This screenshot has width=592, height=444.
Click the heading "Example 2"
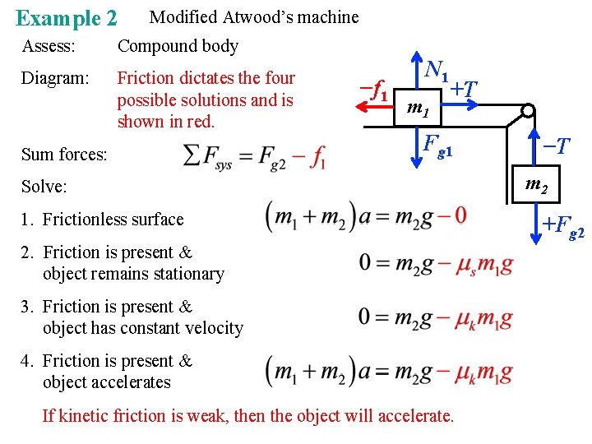[66, 17]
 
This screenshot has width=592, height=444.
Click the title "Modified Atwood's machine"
[254, 16]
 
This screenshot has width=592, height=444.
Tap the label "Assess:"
[49, 46]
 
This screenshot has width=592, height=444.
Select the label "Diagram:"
[54, 78]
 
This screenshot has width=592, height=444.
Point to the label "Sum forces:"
[63, 154]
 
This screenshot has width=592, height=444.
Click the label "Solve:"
[43, 186]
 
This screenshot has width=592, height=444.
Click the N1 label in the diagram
[434, 72]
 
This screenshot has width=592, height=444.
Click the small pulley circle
[528, 110]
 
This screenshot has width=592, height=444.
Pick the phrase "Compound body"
[178, 46]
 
